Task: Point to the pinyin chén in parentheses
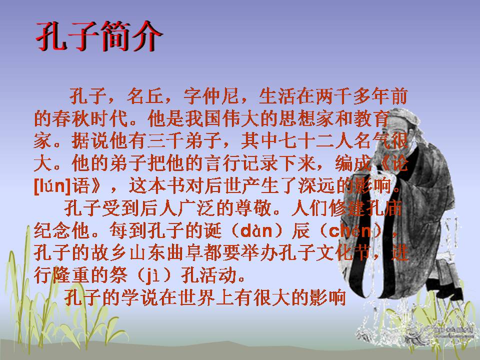click(x=351, y=231)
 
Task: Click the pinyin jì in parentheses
click(x=148, y=275)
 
